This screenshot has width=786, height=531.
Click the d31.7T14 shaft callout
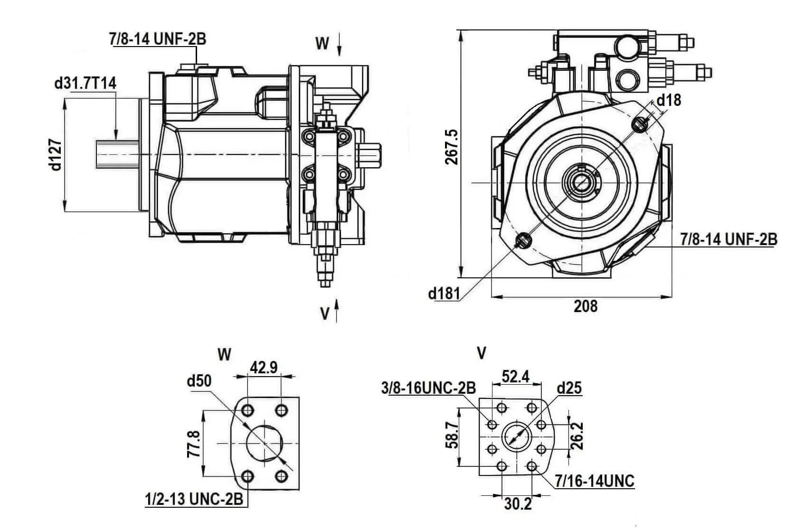coord(85,83)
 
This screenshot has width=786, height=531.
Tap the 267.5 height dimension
coord(452,147)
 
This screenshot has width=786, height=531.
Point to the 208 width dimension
coord(585,306)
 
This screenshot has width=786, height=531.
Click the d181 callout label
coord(444,294)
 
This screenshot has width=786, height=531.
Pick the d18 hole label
coord(668,100)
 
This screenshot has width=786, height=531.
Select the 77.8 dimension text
coord(193,444)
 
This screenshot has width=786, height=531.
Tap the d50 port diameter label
coord(199,381)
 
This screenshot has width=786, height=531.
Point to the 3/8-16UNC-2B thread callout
coord(428,388)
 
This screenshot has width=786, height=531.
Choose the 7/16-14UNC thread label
coord(595,481)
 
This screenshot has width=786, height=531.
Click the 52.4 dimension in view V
coord(516,377)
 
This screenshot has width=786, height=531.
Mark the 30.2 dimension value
coord(518,503)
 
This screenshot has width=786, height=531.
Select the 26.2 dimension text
coord(578,436)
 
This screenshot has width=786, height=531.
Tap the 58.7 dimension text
coord(452,436)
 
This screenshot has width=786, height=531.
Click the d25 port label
coord(569,388)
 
